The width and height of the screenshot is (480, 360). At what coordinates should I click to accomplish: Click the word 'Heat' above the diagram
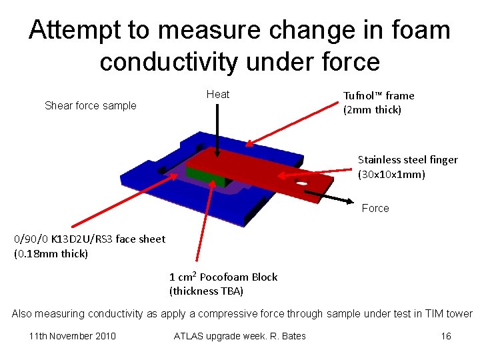[217, 95]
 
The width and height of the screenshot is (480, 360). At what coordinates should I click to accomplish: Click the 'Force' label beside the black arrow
[375, 209]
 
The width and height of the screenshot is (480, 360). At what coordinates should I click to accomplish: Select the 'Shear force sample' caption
[90, 105]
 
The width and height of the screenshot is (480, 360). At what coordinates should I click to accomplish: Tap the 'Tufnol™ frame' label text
[379, 96]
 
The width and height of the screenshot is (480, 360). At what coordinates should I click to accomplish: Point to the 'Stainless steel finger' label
[407, 160]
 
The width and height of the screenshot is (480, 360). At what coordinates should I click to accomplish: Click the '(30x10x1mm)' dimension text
[391, 175]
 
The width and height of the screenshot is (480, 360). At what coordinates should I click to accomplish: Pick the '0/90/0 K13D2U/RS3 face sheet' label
[89, 239]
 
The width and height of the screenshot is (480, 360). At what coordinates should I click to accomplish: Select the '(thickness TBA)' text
[206, 291]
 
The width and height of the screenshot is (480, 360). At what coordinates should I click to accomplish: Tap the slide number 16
[446, 336]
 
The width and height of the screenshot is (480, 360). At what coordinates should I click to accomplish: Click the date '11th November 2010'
[73, 336]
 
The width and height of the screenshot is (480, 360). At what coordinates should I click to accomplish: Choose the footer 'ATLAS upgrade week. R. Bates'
[239, 336]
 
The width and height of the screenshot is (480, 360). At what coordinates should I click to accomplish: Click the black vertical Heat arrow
[216, 127]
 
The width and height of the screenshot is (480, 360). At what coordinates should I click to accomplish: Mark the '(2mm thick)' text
[372, 110]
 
